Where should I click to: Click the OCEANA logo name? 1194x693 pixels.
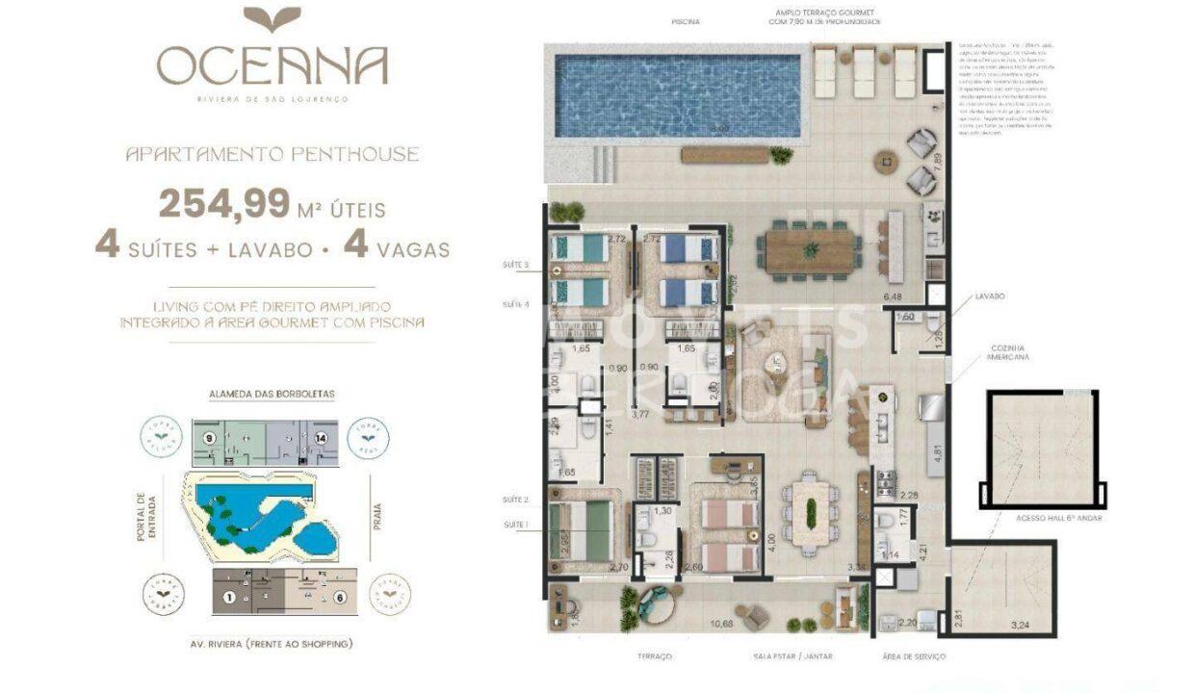273,65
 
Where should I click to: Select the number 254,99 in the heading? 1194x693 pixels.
224,204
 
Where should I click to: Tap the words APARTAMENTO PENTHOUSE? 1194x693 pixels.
273,154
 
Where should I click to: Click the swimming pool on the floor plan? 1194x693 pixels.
678,94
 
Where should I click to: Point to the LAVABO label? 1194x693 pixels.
988,296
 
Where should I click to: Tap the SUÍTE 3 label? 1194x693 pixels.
515,264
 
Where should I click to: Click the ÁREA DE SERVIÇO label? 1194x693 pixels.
912,656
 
